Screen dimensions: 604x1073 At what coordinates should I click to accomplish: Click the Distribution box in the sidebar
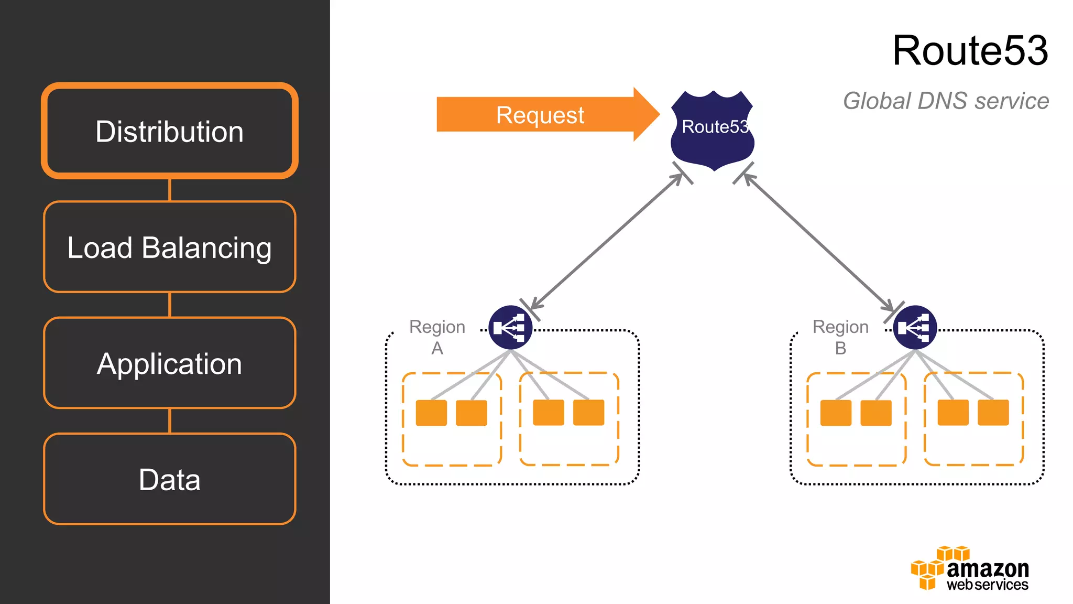pos(169,131)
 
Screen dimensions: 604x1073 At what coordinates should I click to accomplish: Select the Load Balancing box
pos(169,247)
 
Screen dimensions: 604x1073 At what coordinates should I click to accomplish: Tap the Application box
pos(169,363)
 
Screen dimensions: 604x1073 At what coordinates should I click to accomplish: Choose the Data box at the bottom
pos(169,479)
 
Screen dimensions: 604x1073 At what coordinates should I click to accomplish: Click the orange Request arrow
pos(540,115)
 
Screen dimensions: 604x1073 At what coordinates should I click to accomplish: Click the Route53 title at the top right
pos(970,50)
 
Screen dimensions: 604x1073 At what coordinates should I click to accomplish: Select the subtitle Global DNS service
pos(946,101)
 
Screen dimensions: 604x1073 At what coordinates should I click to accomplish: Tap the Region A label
pos(437,337)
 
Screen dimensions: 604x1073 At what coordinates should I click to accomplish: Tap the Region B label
pos(840,337)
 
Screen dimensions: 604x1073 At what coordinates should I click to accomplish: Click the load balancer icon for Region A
pos(510,328)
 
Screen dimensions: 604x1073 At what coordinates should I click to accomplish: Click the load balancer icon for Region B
pos(915,328)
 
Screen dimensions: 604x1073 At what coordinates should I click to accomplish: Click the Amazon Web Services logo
pos(969,569)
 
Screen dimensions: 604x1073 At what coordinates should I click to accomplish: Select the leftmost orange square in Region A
pos(431,413)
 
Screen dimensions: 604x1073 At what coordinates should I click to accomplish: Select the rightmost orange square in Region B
pos(993,412)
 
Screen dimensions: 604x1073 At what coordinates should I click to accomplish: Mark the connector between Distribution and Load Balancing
pos(169,190)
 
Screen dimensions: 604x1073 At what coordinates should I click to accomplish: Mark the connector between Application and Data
pos(169,421)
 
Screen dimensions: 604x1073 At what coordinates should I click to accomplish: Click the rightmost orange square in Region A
pos(588,412)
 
